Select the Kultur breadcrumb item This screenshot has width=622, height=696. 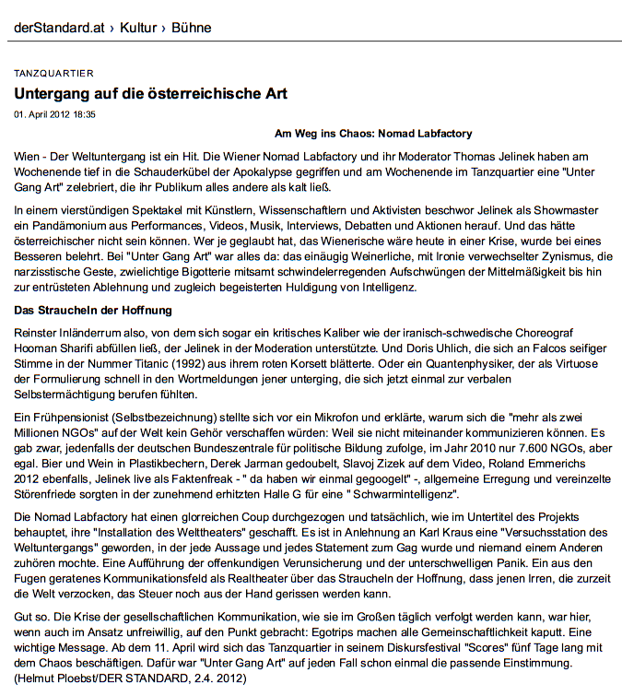(x=137, y=28)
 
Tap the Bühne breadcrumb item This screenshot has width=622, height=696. (x=191, y=28)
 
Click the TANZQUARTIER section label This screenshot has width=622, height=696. (x=53, y=74)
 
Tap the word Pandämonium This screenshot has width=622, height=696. (x=62, y=227)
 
